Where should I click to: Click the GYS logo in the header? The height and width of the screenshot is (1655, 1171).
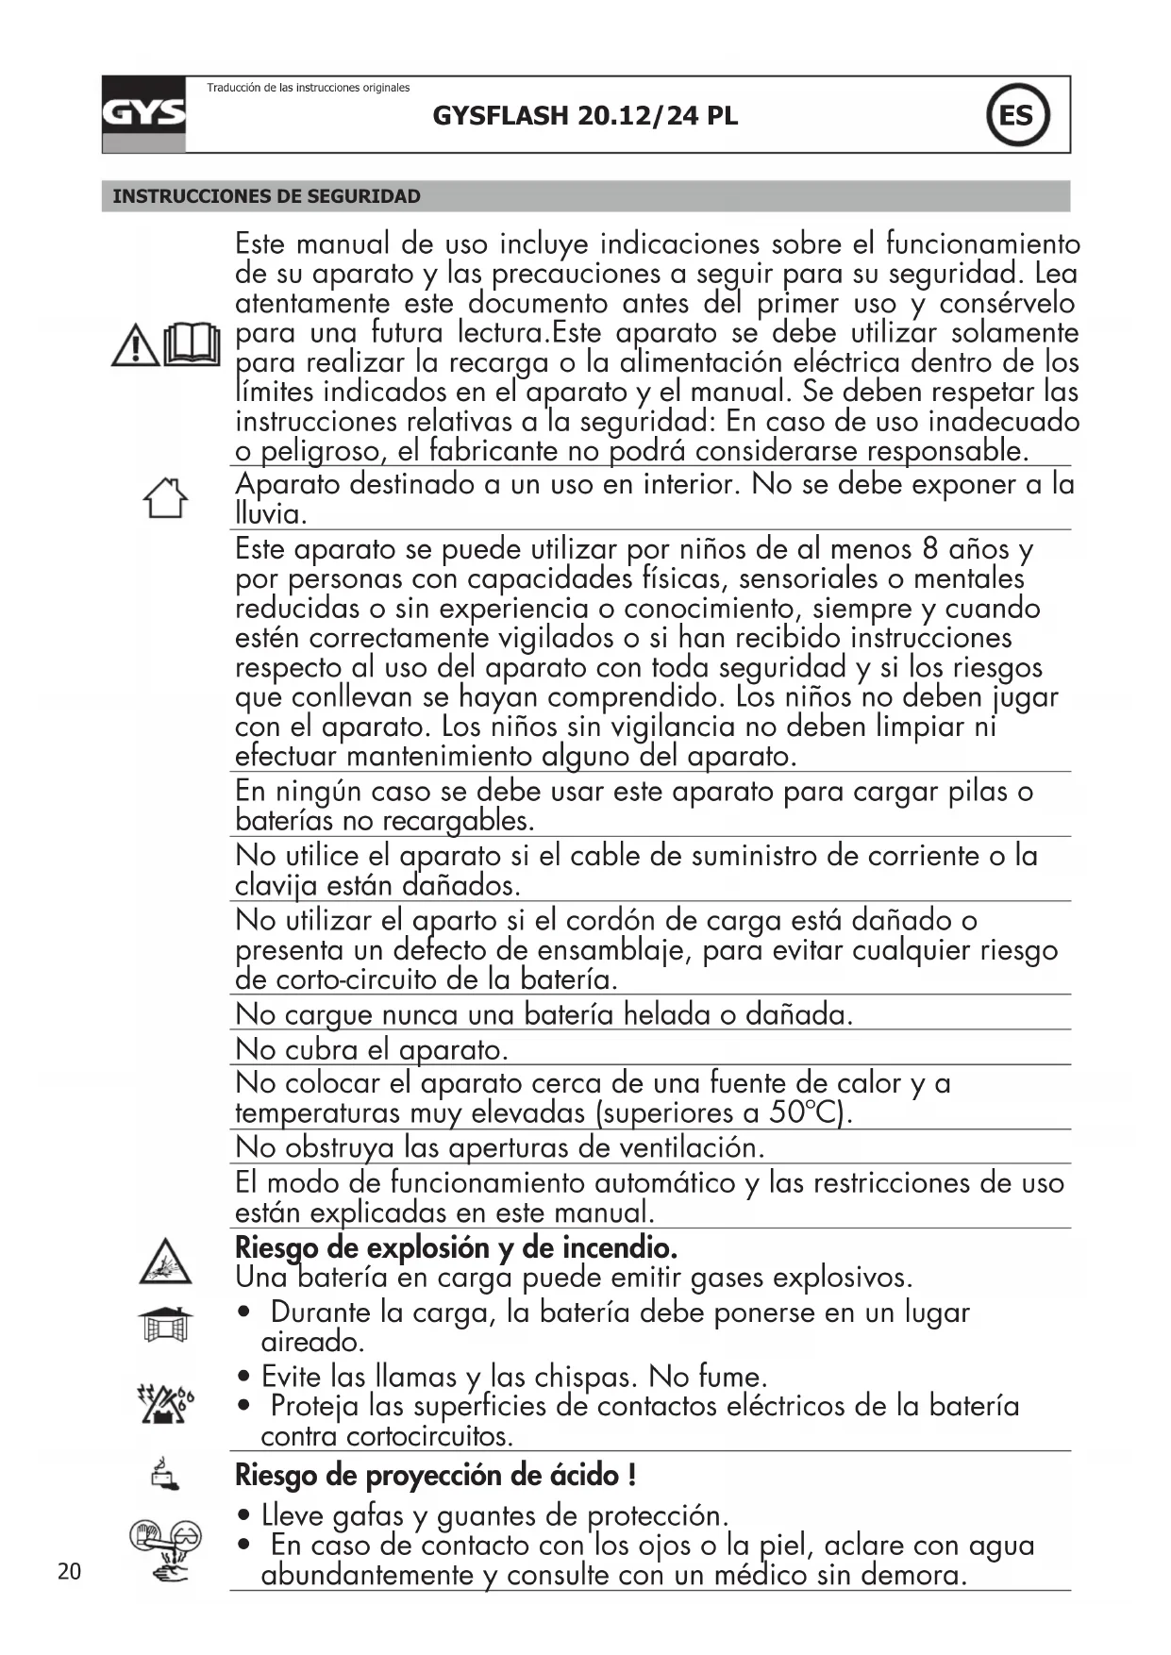tap(143, 114)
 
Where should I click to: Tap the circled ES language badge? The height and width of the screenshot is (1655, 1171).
tap(1016, 116)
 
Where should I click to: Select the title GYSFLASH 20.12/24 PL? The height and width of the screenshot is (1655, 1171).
tap(585, 116)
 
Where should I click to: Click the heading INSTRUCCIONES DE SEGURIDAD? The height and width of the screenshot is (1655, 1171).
tap(267, 196)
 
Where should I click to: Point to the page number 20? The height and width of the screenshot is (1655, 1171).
tap(69, 1571)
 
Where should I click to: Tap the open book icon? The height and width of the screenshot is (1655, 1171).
tap(192, 344)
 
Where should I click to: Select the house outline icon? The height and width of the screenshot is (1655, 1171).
tap(165, 497)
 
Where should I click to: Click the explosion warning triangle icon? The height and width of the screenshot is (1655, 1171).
tap(165, 1262)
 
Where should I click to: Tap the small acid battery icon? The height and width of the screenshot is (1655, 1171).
tap(165, 1473)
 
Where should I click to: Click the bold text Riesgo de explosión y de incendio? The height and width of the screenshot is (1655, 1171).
tap(456, 1247)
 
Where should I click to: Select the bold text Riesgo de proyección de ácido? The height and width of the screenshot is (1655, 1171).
tap(435, 1474)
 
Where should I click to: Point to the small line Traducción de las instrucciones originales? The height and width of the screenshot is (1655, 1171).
tap(309, 88)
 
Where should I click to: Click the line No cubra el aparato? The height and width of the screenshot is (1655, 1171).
tap(372, 1049)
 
